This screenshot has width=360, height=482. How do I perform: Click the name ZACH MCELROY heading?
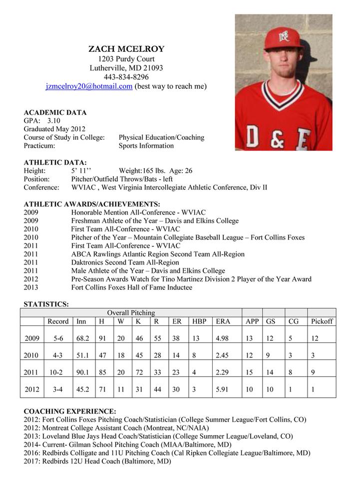(x=126, y=49)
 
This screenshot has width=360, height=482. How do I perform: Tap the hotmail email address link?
(x=89, y=86)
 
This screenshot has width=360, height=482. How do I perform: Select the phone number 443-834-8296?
(x=126, y=77)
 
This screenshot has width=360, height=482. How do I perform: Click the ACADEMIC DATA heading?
(x=55, y=112)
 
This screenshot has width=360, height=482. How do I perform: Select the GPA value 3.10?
(x=54, y=121)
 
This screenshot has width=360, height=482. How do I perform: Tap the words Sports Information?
(x=146, y=146)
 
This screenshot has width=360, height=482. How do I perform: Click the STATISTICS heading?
(x=46, y=304)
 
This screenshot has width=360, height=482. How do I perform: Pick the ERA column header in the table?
(x=223, y=321)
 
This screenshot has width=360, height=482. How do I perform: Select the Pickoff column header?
(x=322, y=321)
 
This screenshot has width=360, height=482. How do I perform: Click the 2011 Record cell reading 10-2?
(x=58, y=372)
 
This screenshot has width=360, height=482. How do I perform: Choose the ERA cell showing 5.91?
(x=223, y=389)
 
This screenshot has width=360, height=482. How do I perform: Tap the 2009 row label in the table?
(x=32, y=338)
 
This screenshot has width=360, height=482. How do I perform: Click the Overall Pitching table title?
(x=131, y=313)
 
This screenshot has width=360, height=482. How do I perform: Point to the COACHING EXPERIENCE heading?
(x=70, y=412)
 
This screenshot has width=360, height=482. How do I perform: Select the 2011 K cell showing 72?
(x=139, y=372)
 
